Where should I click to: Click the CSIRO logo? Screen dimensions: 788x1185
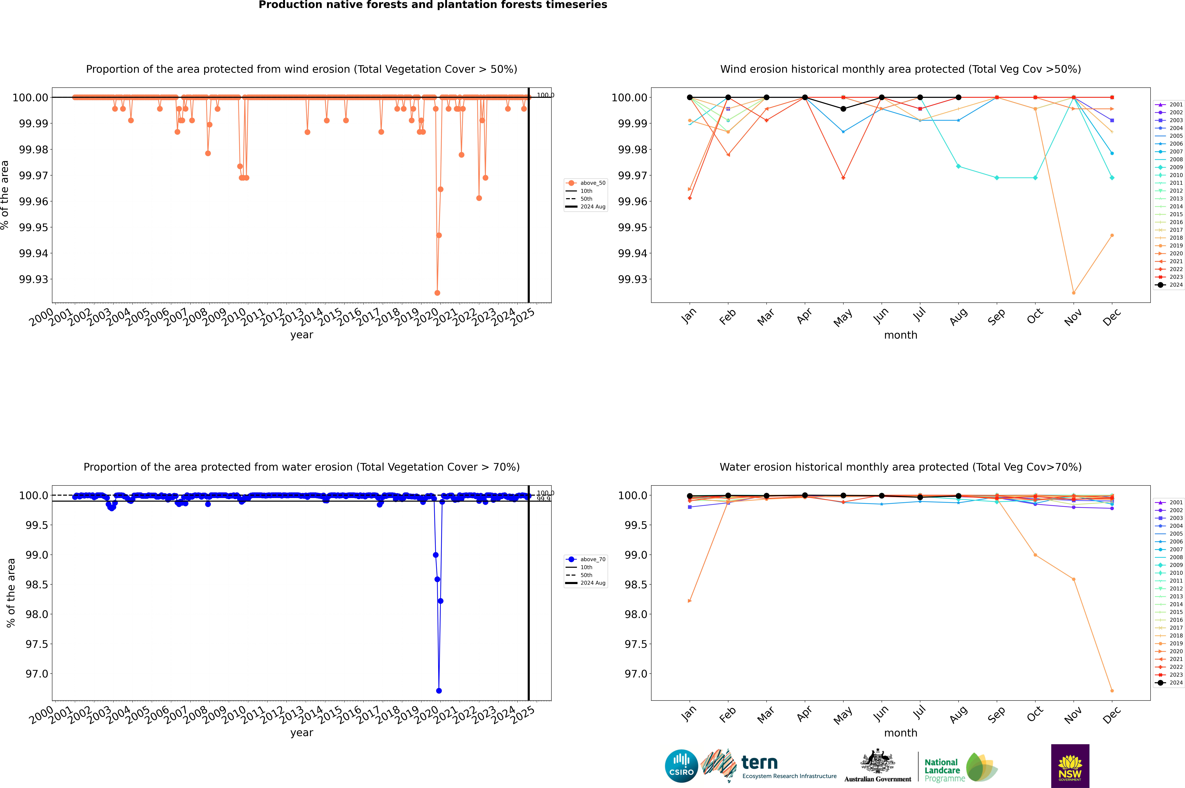681,766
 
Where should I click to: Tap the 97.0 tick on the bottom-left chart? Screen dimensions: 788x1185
37,674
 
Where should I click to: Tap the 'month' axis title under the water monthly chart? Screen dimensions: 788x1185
900,733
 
